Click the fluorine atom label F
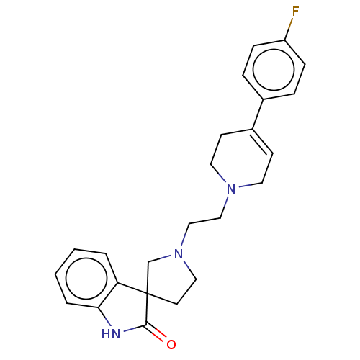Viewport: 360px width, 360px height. coord(295,12)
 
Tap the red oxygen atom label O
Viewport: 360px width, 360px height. coord(171,344)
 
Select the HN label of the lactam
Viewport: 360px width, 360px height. coord(111,334)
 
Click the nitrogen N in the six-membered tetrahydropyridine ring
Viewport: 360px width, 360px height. coord(231,189)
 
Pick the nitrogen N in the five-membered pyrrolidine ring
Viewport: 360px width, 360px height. coord(179,254)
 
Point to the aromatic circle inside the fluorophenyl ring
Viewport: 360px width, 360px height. coord(274,69)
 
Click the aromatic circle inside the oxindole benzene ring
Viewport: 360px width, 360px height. coord(86,279)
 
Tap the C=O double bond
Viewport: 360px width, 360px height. coord(156,333)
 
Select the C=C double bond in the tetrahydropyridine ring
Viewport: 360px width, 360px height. coord(261,143)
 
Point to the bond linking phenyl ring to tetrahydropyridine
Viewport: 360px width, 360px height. coord(258,114)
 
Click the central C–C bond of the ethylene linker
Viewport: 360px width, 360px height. coord(204,221)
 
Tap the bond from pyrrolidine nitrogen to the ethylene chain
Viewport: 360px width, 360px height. coord(185,235)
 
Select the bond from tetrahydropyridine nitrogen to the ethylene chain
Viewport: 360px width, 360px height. coord(225,207)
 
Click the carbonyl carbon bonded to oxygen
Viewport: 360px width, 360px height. coord(146,325)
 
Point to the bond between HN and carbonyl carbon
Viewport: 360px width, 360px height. coord(135,328)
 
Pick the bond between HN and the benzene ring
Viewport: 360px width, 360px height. coord(105,317)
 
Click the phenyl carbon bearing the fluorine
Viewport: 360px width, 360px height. coord(285,40)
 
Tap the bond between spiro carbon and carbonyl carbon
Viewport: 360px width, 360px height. coord(147,310)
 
